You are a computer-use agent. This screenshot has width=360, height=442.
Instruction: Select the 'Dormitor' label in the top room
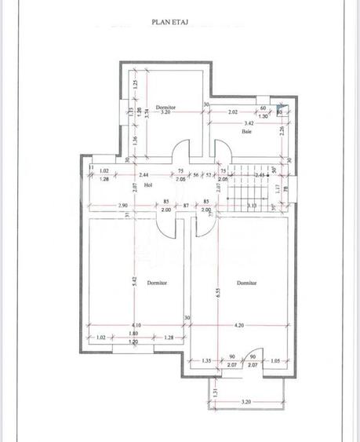pos(165,106)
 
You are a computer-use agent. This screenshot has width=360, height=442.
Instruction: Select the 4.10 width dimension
pos(136,324)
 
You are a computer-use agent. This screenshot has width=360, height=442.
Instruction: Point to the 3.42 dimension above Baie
pos(249,124)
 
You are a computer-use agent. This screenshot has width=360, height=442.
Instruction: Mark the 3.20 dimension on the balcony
pos(246,401)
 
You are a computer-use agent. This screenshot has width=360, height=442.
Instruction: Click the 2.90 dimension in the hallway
pos(102,204)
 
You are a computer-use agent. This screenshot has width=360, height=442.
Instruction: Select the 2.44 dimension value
pos(143,174)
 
